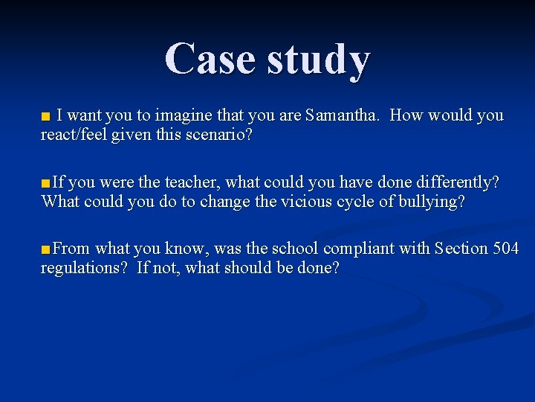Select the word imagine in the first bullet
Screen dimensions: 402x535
[x=184, y=116]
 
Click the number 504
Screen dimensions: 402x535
[x=506, y=249]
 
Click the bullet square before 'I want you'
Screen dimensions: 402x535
[x=46, y=117]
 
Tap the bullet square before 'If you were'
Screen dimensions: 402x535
[x=46, y=183]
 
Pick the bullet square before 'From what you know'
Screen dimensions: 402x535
[x=46, y=249]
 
